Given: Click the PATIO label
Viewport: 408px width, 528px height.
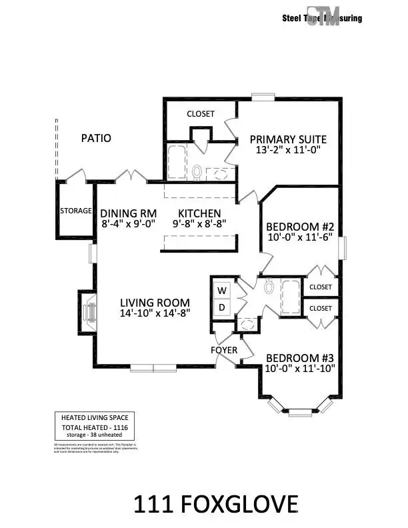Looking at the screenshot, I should tap(96, 139).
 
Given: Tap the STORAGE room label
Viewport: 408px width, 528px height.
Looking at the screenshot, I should tap(76, 211).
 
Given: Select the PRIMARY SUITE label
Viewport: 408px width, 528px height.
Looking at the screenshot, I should tap(288, 139).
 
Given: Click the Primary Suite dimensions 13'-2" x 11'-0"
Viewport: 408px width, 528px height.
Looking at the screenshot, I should tap(288, 151).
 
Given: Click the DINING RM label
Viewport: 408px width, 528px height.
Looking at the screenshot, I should tap(128, 214).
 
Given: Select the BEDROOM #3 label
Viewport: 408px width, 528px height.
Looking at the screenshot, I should tap(300, 356).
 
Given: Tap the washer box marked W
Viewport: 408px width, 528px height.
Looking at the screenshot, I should tap(222, 291).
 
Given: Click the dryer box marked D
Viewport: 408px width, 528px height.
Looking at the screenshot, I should tap(222, 307).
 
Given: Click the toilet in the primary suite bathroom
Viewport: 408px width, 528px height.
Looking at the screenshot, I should tap(197, 172).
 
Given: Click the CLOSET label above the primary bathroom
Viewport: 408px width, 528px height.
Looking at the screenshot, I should tap(200, 114).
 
